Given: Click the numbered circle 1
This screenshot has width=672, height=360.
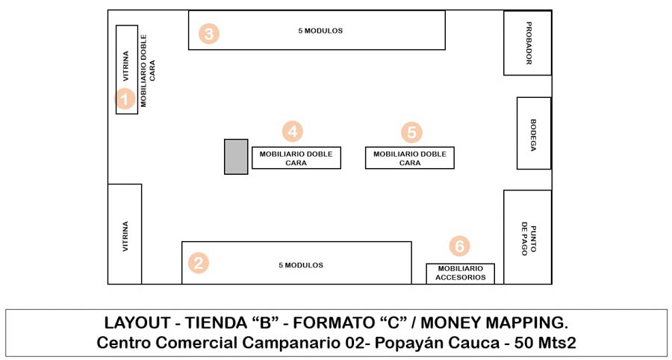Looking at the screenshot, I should pos(125,99).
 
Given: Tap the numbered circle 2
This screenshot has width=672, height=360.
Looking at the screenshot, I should pos(198,263).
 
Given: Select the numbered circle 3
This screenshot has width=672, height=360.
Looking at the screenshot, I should pos(209,34).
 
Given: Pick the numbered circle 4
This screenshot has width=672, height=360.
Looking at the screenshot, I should pos(293,131).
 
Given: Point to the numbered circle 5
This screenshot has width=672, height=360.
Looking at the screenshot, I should pos(411,132).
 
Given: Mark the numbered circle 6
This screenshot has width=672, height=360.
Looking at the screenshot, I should pos(460,246).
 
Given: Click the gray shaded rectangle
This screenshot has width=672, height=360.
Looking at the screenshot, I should pos(236,157).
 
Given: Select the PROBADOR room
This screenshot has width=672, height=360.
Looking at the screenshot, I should pos(527,43).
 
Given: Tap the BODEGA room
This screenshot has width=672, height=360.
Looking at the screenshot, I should pos(534,133).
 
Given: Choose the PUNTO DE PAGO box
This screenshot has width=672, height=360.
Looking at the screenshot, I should pos(527,237).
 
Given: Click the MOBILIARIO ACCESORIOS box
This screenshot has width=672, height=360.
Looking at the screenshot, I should pos(461,273).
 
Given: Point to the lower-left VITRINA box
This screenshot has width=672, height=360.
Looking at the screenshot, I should pos(125,234).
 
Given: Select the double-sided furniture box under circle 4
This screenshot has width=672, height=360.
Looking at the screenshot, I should pos(296,158).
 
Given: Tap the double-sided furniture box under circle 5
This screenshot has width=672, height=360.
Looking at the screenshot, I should pos(409,158).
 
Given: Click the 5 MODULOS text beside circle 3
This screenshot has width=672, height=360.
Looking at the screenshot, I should pos(320,31).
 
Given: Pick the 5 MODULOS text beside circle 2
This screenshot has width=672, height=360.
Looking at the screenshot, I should pos(301,265).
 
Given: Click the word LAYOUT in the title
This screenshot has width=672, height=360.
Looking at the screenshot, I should pos(137,323).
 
